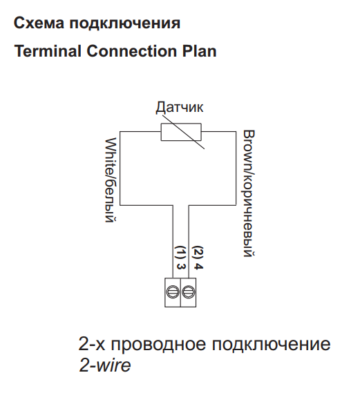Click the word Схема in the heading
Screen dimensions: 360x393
pyautogui.click(x=39, y=23)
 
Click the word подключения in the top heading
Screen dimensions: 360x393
pyautogui.click(x=125, y=24)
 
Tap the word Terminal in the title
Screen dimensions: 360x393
pyautogui.click(x=48, y=51)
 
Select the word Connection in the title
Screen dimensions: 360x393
pyautogui.click(x=132, y=51)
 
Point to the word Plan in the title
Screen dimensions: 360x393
pyautogui.click(x=199, y=51)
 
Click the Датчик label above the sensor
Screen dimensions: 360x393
pyautogui.click(x=180, y=107)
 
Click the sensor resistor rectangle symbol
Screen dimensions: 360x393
pyautogui.click(x=181, y=132)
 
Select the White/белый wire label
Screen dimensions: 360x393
pyautogui.click(x=111, y=180)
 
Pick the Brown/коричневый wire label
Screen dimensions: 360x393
pyautogui.click(x=249, y=193)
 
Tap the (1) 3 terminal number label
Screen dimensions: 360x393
pyautogui.click(x=181, y=258)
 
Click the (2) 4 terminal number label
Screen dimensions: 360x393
pyautogui.click(x=198, y=258)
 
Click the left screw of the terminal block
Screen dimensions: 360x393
pyautogui.click(x=173, y=292)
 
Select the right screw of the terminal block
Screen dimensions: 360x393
pyautogui.click(x=188, y=292)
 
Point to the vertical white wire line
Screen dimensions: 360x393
pyautogui.click(x=120, y=169)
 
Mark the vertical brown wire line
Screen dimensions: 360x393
pyautogui.click(x=236, y=169)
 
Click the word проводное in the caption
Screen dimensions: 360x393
pyautogui.click(x=158, y=345)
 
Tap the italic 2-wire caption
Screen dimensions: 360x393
pyautogui.click(x=105, y=365)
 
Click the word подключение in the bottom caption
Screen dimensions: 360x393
pyautogui.click(x=272, y=345)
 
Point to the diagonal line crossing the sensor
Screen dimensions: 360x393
pyautogui.click(x=184, y=132)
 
